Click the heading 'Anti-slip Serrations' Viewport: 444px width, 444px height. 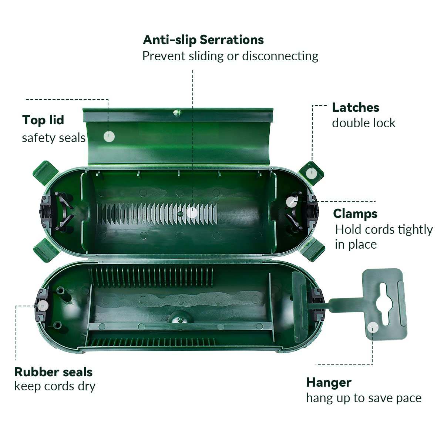[203, 40]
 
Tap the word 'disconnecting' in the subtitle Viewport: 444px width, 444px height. [280, 56]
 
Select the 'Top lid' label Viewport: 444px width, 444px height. [43, 120]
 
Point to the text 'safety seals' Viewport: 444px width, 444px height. [54, 138]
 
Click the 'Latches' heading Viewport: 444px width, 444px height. [356, 108]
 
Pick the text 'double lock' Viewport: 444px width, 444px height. [364, 123]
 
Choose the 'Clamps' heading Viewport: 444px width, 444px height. [355, 214]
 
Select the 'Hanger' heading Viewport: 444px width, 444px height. [329, 383]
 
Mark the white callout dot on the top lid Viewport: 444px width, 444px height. [109, 137]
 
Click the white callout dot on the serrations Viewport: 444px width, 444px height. [192, 212]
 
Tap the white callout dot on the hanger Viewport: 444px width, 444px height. [373, 327]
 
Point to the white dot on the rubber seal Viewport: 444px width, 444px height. [43, 306]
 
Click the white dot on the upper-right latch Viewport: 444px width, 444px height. [312, 173]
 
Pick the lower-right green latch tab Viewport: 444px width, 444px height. [312, 250]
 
